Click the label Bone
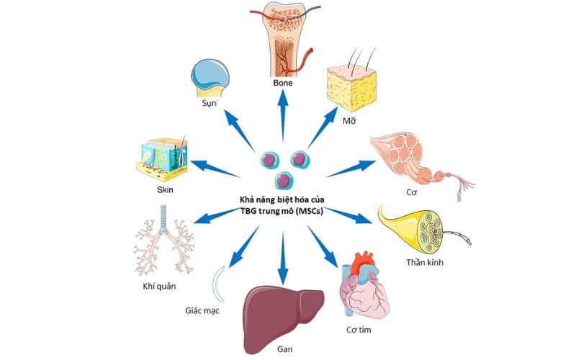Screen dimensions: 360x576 click(283, 83)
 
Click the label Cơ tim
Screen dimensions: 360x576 click(364, 330)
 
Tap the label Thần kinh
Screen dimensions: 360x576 click(426, 263)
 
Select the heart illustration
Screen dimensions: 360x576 click(364, 288)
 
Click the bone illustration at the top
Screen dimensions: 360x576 click(283, 40)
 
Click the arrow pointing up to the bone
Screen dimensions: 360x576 click(282, 115)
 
